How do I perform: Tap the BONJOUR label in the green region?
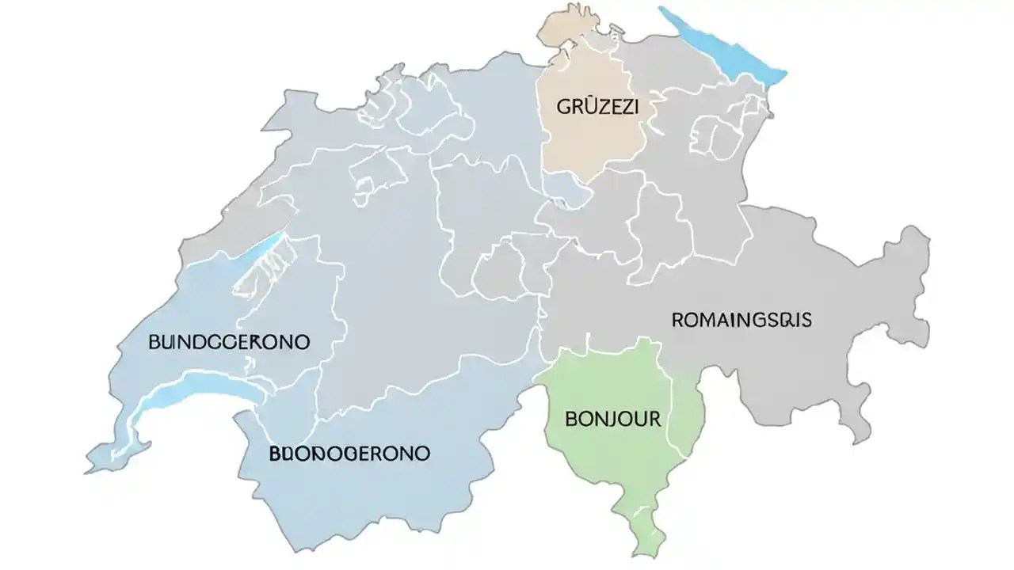(613, 419)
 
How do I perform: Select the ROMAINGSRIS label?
(741, 320)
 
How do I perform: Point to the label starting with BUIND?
(229, 342)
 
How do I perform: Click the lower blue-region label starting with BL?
(349, 454)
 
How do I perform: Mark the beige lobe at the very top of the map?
(566, 24)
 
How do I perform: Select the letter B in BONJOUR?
(572, 419)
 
